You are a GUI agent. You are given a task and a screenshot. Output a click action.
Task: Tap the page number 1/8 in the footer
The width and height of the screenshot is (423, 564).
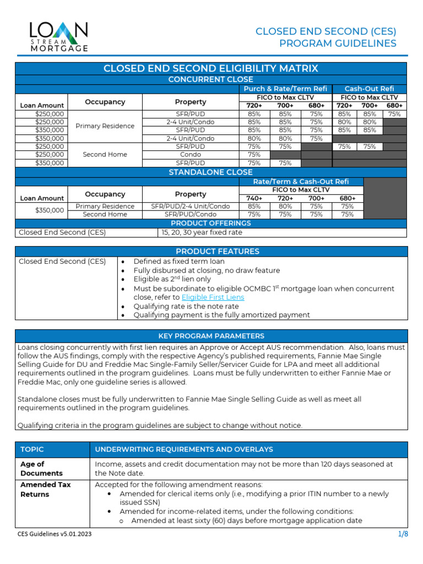click(x=402, y=534)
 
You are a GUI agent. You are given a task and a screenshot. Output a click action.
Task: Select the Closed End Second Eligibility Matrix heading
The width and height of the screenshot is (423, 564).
click(x=211, y=68)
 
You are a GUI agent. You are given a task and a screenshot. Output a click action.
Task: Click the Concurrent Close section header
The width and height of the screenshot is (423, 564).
click(x=211, y=80)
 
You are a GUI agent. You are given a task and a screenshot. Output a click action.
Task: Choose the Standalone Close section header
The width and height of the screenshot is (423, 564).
click(x=211, y=172)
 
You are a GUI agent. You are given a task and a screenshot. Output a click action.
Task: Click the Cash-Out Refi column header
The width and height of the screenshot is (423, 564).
click(x=369, y=89)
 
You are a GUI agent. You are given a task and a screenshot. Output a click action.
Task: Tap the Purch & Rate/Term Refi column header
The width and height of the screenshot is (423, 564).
click(x=285, y=89)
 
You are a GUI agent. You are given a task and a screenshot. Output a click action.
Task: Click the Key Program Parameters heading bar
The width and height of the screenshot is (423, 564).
click(x=211, y=335)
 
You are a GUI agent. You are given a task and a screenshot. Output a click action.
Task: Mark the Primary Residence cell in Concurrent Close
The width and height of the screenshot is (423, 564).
click(x=105, y=126)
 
